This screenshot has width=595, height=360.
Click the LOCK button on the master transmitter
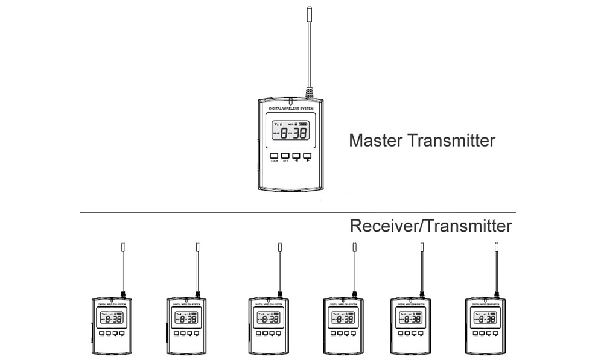(x=274, y=156)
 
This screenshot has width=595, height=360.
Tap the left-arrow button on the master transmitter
(x=296, y=156)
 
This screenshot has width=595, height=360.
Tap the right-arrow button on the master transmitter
(x=307, y=156)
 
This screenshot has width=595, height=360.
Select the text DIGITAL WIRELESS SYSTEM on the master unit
(x=290, y=109)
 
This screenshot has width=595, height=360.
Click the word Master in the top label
(x=376, y=141)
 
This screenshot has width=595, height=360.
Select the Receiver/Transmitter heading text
(x=430, y=226)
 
